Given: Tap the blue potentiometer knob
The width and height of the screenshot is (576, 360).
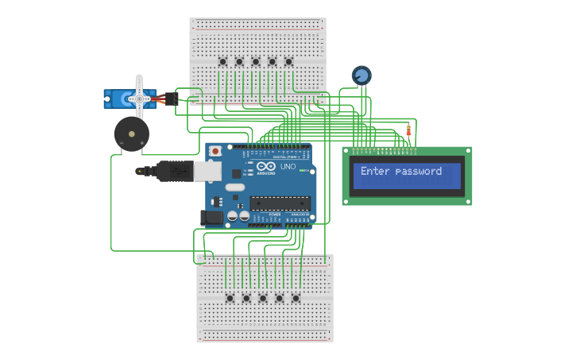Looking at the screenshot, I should click(361, 75).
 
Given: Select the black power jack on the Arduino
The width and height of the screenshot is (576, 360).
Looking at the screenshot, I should click(213, 217).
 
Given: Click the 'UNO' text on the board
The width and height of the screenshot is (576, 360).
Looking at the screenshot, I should click(288, 167).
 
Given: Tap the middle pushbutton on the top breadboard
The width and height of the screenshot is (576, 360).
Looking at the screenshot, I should click(256, 62).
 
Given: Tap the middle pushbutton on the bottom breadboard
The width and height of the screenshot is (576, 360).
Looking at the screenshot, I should click(263, 298).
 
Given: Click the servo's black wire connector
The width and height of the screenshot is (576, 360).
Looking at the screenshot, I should click(172, 98).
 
